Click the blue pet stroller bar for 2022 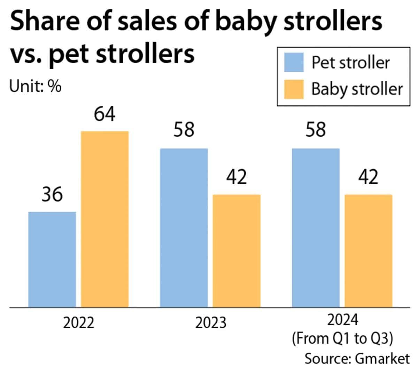52,259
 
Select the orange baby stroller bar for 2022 105,219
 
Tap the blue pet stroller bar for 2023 184,228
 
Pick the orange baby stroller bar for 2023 237,250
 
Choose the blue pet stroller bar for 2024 316,228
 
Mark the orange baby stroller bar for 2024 369,250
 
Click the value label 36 52,194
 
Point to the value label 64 105,114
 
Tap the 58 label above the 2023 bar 184,131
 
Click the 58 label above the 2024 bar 316,131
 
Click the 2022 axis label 79,323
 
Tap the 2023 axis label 210,323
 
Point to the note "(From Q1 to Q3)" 343,339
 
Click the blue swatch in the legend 294,63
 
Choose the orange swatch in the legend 294,89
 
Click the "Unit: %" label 35,86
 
